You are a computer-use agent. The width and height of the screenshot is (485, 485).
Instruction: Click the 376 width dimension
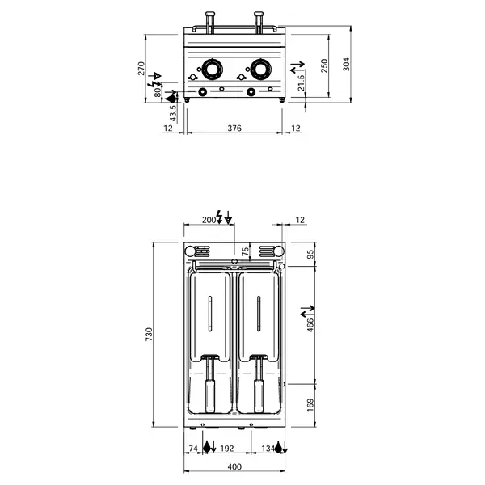pos(234,129)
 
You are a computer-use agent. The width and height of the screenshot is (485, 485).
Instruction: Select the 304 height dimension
pos(347,65)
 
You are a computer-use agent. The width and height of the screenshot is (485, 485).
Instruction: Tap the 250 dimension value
pos(324,65)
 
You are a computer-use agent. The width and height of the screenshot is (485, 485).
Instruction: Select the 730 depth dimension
pos(148,335)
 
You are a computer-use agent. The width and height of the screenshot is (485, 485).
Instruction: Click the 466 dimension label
pos(310,326)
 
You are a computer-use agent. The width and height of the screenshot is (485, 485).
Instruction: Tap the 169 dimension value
pos(310,403)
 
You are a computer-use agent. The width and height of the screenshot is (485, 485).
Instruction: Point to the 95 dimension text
pos(310,255)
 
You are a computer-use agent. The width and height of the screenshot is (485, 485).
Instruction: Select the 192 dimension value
pos(227,447)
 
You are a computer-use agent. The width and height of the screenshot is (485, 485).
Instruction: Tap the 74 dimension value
pos(193,447)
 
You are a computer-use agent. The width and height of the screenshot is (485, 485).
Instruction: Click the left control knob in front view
pos(211,70)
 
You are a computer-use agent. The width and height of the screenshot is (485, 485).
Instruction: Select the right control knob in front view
pos(259,70)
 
